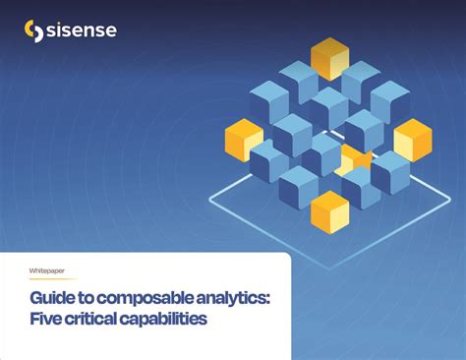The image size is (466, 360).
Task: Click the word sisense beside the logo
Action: pos(82,31)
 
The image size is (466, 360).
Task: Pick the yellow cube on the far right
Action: pos(412,139)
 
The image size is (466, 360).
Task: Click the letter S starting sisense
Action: pos(55,31)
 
